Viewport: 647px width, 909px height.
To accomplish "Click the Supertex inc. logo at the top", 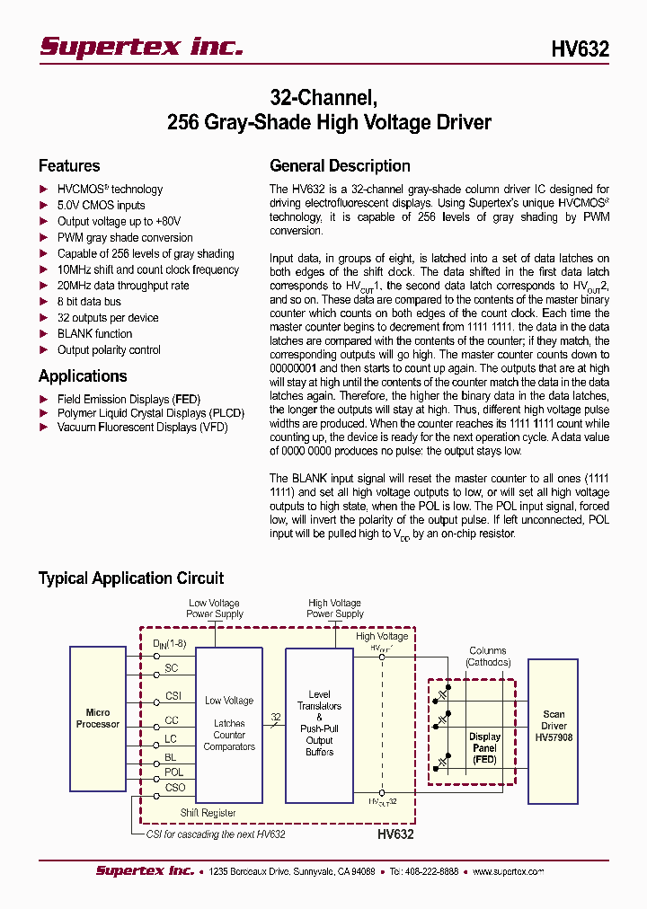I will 141,47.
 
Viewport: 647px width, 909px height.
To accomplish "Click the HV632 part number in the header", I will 580,50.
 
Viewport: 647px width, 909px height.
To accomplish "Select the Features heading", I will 69,166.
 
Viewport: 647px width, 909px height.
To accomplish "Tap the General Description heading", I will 340,166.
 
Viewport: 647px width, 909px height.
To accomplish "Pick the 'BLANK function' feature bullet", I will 94,334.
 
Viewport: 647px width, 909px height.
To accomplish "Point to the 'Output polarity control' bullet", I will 109,350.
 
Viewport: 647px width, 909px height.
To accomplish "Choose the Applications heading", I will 83,376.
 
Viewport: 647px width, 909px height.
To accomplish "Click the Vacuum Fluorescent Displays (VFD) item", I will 142,428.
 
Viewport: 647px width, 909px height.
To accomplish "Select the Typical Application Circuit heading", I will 131,578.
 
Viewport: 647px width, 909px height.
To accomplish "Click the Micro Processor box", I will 98,719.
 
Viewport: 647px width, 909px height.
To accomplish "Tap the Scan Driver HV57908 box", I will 554,726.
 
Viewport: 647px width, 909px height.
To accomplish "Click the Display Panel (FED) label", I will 484,747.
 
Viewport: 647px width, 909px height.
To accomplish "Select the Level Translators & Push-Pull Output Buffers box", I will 319,723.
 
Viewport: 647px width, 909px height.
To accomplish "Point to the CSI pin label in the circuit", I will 173,696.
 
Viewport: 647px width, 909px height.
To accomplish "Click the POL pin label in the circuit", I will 173,772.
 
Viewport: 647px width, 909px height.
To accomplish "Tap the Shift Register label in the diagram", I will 208,813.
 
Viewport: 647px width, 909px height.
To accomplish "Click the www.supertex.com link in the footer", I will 509,871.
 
